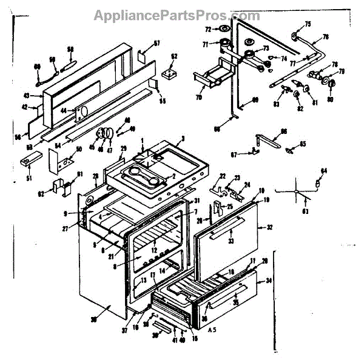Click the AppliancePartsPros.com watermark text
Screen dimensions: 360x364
click(x=177, y=15)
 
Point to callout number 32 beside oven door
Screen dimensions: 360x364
click(x=269, y=228)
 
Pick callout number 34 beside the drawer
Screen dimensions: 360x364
click(x=269, y=281)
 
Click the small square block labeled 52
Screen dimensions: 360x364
click(x=170, y=73)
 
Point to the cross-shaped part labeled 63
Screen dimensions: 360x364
click(x=297, y=193)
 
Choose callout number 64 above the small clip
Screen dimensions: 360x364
click(x=323, y=172)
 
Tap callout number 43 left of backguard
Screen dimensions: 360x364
click(x=26, y=96)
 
